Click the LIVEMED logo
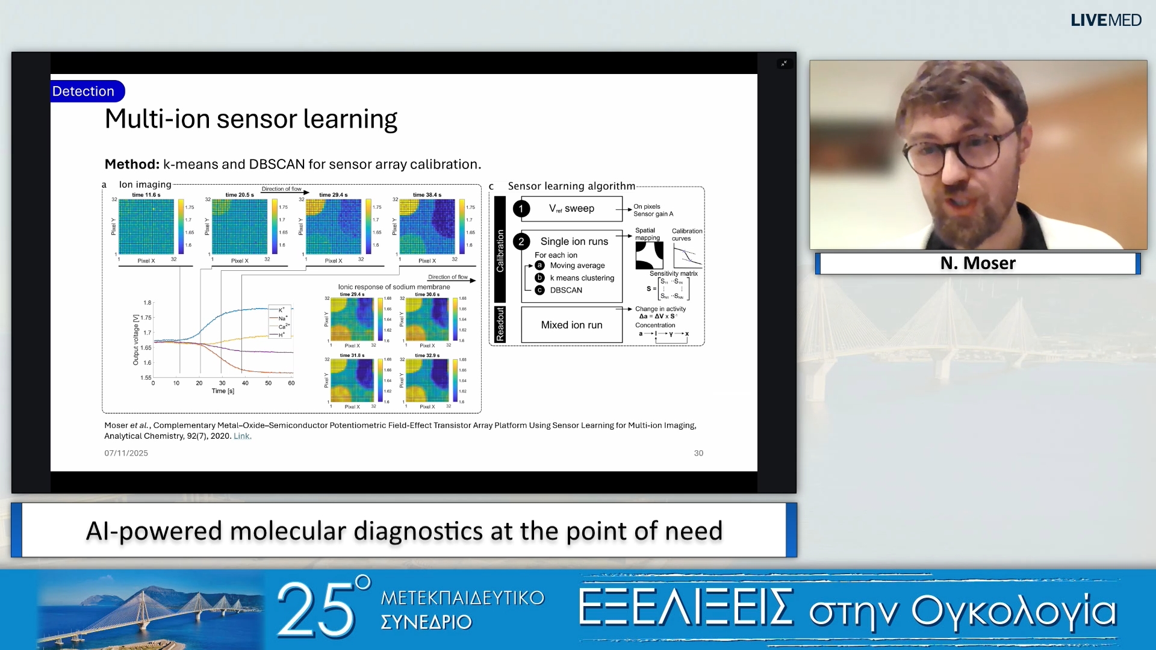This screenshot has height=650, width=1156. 1105,20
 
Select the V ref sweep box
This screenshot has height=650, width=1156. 571,209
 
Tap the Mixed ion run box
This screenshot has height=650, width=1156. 571,325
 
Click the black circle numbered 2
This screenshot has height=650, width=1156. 521,242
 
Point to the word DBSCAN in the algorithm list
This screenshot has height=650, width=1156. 566,290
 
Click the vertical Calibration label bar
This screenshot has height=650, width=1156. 500,250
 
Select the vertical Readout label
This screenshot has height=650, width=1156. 500,324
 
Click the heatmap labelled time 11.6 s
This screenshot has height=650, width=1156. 146,227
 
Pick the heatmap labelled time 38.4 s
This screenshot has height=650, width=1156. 427,227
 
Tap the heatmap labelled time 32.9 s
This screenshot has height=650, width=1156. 427,380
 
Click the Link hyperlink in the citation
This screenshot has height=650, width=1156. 241,436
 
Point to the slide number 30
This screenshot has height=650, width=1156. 698,453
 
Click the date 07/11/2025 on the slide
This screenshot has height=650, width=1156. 126,453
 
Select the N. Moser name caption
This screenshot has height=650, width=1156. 977,264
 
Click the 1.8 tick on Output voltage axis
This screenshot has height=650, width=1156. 148,303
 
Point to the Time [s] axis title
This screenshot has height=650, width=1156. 223,391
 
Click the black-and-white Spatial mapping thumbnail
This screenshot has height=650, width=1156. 649,255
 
